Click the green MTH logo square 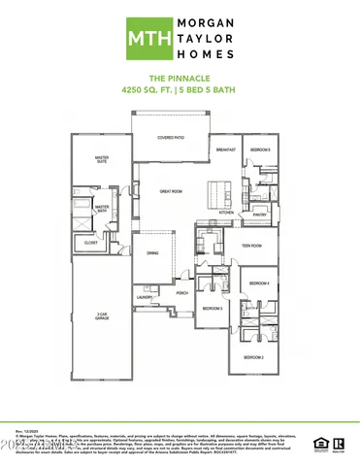click(x=144, y=38)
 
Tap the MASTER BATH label click(x=101, y=208)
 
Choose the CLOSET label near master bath click(x=90, y=243)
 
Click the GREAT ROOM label click(x=171, y=191)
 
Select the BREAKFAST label click(x=226, y=150)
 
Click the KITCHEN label click(x=225, y=212)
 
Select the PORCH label click(x=181, y=292)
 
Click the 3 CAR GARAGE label click(x=101, y=316)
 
